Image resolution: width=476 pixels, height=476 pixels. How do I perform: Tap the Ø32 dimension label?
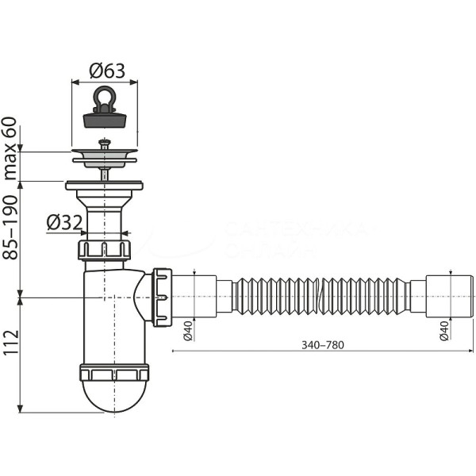tap(64, 223)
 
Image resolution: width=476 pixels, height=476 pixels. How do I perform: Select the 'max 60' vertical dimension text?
tap(10, 148)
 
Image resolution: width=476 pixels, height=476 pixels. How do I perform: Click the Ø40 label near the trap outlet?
tap(190, 329)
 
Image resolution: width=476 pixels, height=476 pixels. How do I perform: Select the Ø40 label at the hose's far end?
tap(442, 329)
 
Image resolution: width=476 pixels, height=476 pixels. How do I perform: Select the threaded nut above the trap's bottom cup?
tap(114, 373)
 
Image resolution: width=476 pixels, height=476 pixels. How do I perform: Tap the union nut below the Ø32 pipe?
tap(104, 250)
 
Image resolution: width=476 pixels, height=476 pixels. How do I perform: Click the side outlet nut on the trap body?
tap(162, 297)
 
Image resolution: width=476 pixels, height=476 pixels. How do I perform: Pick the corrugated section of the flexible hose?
tap(321, 297)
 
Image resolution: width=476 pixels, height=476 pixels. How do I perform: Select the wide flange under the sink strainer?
tap(104, 186)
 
